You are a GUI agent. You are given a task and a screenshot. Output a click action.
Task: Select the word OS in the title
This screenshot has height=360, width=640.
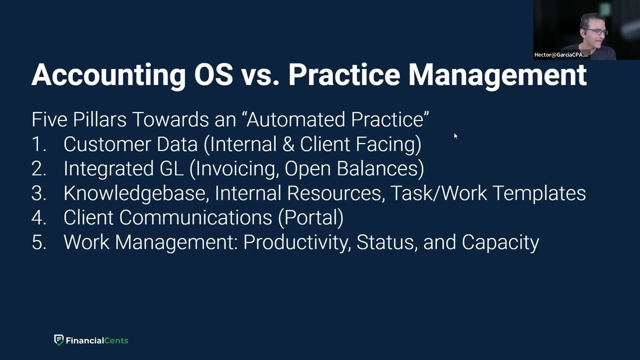pos(213,74)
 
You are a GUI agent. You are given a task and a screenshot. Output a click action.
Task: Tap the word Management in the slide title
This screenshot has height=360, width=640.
pos(497,74)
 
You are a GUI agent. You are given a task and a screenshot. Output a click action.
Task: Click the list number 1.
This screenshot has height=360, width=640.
pos(38,144)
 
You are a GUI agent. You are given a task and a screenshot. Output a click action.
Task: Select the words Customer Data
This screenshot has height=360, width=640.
pos(130,144)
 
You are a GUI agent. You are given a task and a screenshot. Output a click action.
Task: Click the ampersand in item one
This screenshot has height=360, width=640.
pos(288,144)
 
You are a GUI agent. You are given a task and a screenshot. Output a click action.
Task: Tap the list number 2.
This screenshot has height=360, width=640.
pos(38,168)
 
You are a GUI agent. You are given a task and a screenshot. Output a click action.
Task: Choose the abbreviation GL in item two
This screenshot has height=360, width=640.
pos(171,168)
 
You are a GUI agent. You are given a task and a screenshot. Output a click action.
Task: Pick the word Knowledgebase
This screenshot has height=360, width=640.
pos(135,193)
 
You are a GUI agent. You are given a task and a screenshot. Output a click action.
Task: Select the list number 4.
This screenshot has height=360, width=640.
pos(38,217)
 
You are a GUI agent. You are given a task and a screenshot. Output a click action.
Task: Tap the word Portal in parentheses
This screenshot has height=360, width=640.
pos(310,217)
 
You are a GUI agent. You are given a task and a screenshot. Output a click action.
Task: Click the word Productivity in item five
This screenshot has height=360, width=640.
pos(297,242)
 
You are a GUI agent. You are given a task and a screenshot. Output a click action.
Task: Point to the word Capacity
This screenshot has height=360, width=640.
pos(500,242)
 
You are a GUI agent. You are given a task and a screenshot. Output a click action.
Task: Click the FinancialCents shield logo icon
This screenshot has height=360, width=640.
pos(59,340)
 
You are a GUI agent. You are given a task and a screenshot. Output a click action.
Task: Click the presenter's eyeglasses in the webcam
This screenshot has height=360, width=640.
pos(598,32)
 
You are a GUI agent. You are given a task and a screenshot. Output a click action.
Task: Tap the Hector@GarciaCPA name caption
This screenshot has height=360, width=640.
pos(560,54)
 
